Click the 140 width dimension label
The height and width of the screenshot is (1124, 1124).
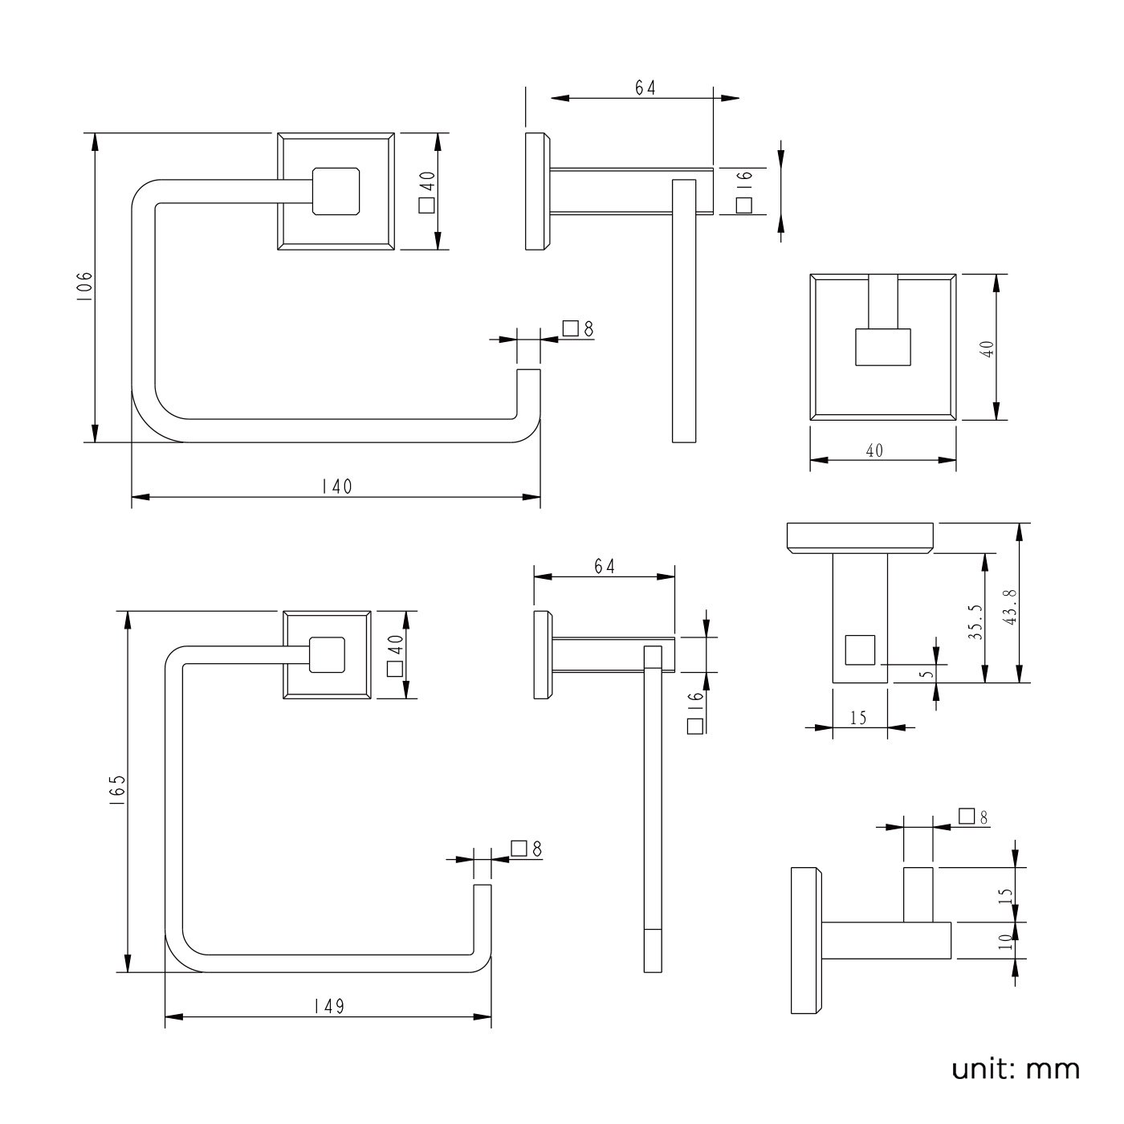[x=336, y=487]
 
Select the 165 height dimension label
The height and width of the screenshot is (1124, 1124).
[x=118, y=791]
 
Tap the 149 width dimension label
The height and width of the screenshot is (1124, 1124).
[x=328, y=1006]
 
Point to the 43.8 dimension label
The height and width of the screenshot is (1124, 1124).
[x=1010, y=607]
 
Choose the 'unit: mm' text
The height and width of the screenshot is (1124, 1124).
[x=1016, y=1069]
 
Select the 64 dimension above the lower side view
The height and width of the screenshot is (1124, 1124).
[x=605, y=566]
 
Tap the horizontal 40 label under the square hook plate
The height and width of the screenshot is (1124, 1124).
[x=874, y=450]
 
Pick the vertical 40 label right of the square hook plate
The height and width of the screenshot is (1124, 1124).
[x=988, y=348]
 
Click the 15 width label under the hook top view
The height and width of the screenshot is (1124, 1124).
[x=858, y=718]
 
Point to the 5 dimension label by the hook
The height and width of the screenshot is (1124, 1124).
[x=928, y=674]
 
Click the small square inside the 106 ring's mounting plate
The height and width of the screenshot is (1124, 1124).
[x=336, y=191]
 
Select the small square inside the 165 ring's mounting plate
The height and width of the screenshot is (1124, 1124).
[x=328, y=654]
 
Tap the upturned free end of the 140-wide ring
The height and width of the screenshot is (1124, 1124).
[x=527, y=393]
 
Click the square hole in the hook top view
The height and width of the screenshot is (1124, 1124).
[x=860, y=650]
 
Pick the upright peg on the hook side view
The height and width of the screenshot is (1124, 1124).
[x=918, y=894]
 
